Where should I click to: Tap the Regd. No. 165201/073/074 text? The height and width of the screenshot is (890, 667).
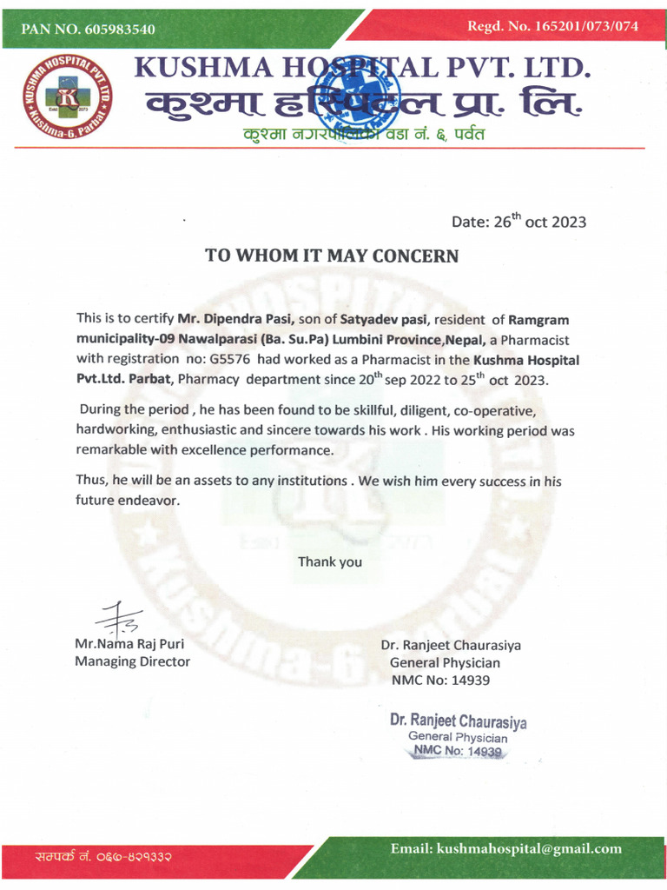[552, 26]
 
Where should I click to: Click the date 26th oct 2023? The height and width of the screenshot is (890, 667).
[518, 221]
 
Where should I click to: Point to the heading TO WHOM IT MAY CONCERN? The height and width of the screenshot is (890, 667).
[331, 256]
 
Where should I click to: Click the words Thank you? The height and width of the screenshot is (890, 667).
[330, 561]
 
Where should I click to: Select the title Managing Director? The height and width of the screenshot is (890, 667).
[132, 661]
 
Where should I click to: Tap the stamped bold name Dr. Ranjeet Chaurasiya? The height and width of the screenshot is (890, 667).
[458, 721]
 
